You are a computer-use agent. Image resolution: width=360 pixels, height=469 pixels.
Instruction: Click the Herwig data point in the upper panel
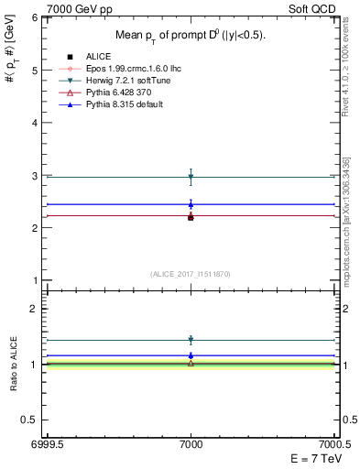click(191, 176)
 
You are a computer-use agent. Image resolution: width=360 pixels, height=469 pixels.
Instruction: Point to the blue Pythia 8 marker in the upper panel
click(191, 204)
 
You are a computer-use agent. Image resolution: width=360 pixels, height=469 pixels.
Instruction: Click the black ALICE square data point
click(191, 217)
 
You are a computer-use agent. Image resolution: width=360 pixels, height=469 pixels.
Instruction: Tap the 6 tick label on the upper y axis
click(37, 17)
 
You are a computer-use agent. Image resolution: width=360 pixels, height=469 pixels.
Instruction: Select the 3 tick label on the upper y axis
click(37, 175)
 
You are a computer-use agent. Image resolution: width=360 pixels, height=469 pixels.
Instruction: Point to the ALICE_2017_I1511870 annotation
click(191, 274)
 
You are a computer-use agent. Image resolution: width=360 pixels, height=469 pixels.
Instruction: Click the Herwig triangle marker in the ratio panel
click(191, 340)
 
